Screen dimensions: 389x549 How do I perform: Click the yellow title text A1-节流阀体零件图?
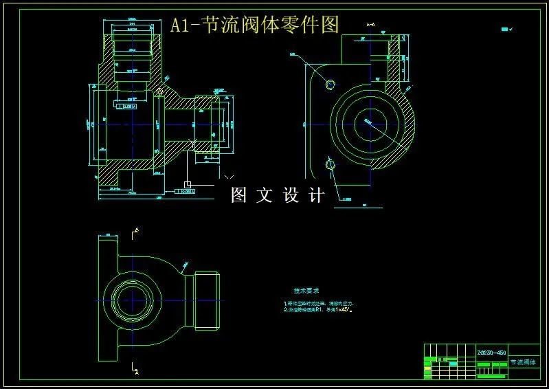(255, 25)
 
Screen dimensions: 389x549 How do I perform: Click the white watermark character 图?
(238, 195)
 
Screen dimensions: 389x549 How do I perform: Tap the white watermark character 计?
(317, 195)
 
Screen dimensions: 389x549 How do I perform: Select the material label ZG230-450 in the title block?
(491, 352)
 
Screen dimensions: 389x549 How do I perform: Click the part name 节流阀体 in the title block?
(524, 362)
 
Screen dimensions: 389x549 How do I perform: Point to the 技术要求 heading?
(306, 291)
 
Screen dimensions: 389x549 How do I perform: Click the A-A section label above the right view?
(371, 25)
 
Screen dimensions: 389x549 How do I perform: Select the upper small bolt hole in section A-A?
(330, 84)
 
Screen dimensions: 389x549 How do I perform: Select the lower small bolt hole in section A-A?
(330, 165)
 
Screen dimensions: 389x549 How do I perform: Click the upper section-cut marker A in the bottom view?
(136, 230)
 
